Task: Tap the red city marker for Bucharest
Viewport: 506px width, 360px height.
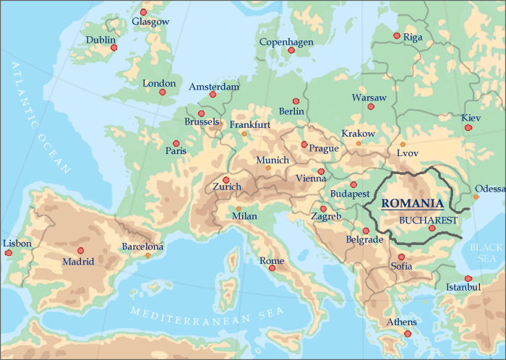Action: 432,228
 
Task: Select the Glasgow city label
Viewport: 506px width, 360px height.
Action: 150,22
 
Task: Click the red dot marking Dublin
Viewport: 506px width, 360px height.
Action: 113,48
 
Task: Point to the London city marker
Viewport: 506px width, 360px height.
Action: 163,93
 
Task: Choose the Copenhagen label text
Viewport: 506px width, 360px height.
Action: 286,42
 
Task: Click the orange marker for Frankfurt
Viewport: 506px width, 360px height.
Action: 244,134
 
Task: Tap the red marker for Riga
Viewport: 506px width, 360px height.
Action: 396,35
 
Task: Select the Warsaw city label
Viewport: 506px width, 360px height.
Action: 369,97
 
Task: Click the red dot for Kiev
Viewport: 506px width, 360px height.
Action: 468,127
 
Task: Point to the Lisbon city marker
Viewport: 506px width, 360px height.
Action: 9,252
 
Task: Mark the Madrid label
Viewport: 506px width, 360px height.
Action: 78,262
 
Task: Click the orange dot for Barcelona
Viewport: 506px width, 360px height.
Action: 148,255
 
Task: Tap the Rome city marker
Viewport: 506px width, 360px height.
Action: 272,268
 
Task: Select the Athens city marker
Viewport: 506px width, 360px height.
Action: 408,333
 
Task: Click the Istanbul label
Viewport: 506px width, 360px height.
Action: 463,288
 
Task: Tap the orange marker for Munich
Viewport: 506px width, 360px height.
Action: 268,168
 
